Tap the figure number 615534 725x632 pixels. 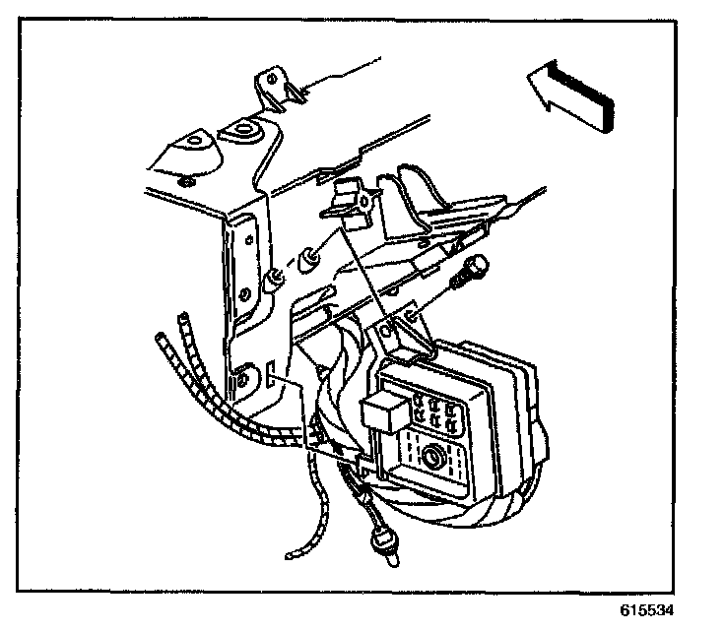[x=648, y=608]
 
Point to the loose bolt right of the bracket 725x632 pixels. [x=472, y=270]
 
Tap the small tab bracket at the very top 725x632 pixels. [x=277, y=87]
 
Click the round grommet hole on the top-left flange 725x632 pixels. [x=242, y=132]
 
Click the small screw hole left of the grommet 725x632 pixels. [x=186, y=180]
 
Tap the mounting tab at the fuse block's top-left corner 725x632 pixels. [x=396, y=336]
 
